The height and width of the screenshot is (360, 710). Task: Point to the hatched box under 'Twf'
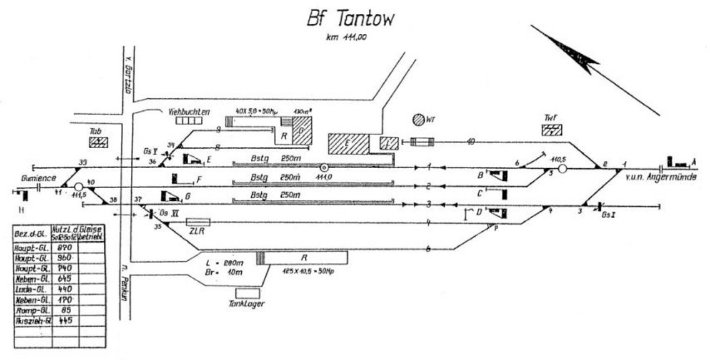tap(552, 130)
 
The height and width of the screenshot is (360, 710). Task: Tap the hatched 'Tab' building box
tap(98, 142)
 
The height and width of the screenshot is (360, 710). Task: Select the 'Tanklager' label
tap(247, 303)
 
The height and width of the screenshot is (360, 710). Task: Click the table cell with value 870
tap(65, 249)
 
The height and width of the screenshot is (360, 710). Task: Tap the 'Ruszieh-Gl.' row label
tap(32, 321)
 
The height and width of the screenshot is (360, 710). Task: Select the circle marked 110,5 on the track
tap(562, 168)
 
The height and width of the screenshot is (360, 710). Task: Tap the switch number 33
tap(83, 161)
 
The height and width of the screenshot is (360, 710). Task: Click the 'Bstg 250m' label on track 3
tap(276, 195)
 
